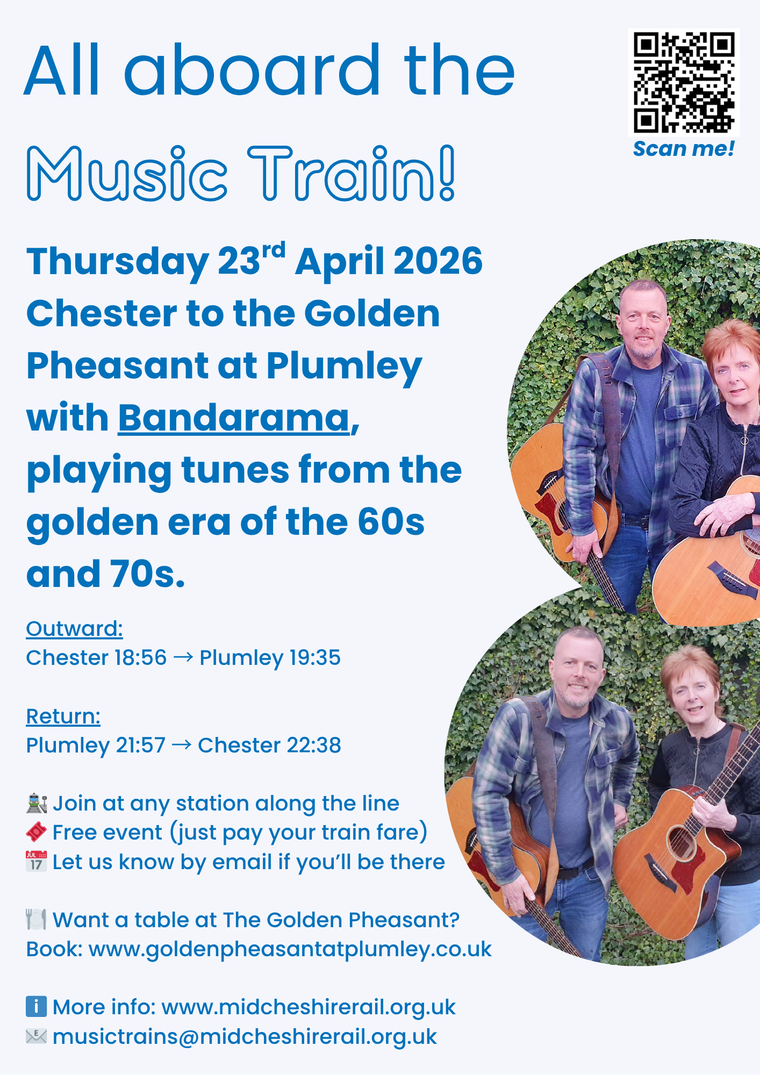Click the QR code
684,82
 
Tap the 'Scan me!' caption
684,149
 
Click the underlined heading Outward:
75,628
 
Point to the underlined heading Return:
63,716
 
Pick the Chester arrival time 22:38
314,746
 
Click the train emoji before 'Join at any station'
37,804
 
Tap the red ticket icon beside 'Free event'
37,833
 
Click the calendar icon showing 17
37,862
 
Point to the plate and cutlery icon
37,920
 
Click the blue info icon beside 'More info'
37,1007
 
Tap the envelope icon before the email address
37,1036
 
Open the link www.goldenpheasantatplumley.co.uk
290,949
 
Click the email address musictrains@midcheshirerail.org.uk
245,1037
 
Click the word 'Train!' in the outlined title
352,173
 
